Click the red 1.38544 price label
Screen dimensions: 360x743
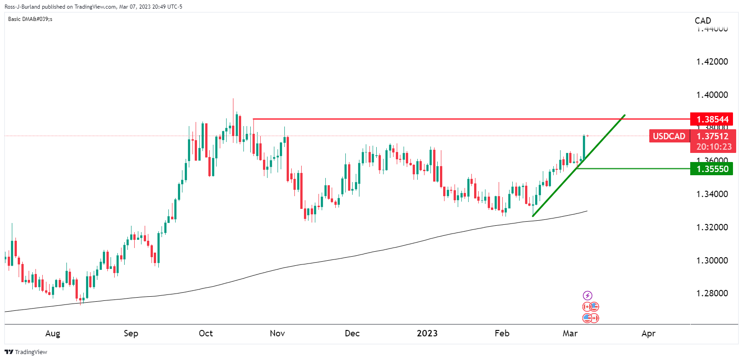(x=712, y=119)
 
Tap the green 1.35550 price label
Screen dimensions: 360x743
(x=712, y=169)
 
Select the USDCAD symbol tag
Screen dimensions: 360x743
(x=669, y=136)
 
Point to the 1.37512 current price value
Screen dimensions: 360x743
(x=713, y=136)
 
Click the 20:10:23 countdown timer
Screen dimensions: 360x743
(x=713, y=147)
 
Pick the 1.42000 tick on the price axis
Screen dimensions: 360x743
(x=712, y=62)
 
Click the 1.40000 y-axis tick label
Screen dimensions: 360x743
(x=712, y=95)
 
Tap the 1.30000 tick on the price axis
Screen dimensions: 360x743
(x=712, y=260)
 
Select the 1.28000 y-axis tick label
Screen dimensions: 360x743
(x=712, y=294)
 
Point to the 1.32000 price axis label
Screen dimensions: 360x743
(x=712, y=227)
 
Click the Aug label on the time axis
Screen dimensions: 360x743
(x=53, y=334)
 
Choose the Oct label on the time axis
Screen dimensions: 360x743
(x=206, y=334)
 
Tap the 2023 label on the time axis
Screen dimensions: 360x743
(x=427, y=334)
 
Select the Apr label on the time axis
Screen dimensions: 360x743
(x=648, y=334)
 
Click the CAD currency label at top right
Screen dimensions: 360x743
(x=703, y=20)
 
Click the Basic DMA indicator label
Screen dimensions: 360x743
(x=30, y=19)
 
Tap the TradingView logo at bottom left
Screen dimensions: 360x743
(x=26, y=352)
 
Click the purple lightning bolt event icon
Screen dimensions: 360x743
(x=587, y=296)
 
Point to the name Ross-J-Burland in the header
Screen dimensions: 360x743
(x=22, y=7)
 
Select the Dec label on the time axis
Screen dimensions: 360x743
(x=352, y=334)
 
